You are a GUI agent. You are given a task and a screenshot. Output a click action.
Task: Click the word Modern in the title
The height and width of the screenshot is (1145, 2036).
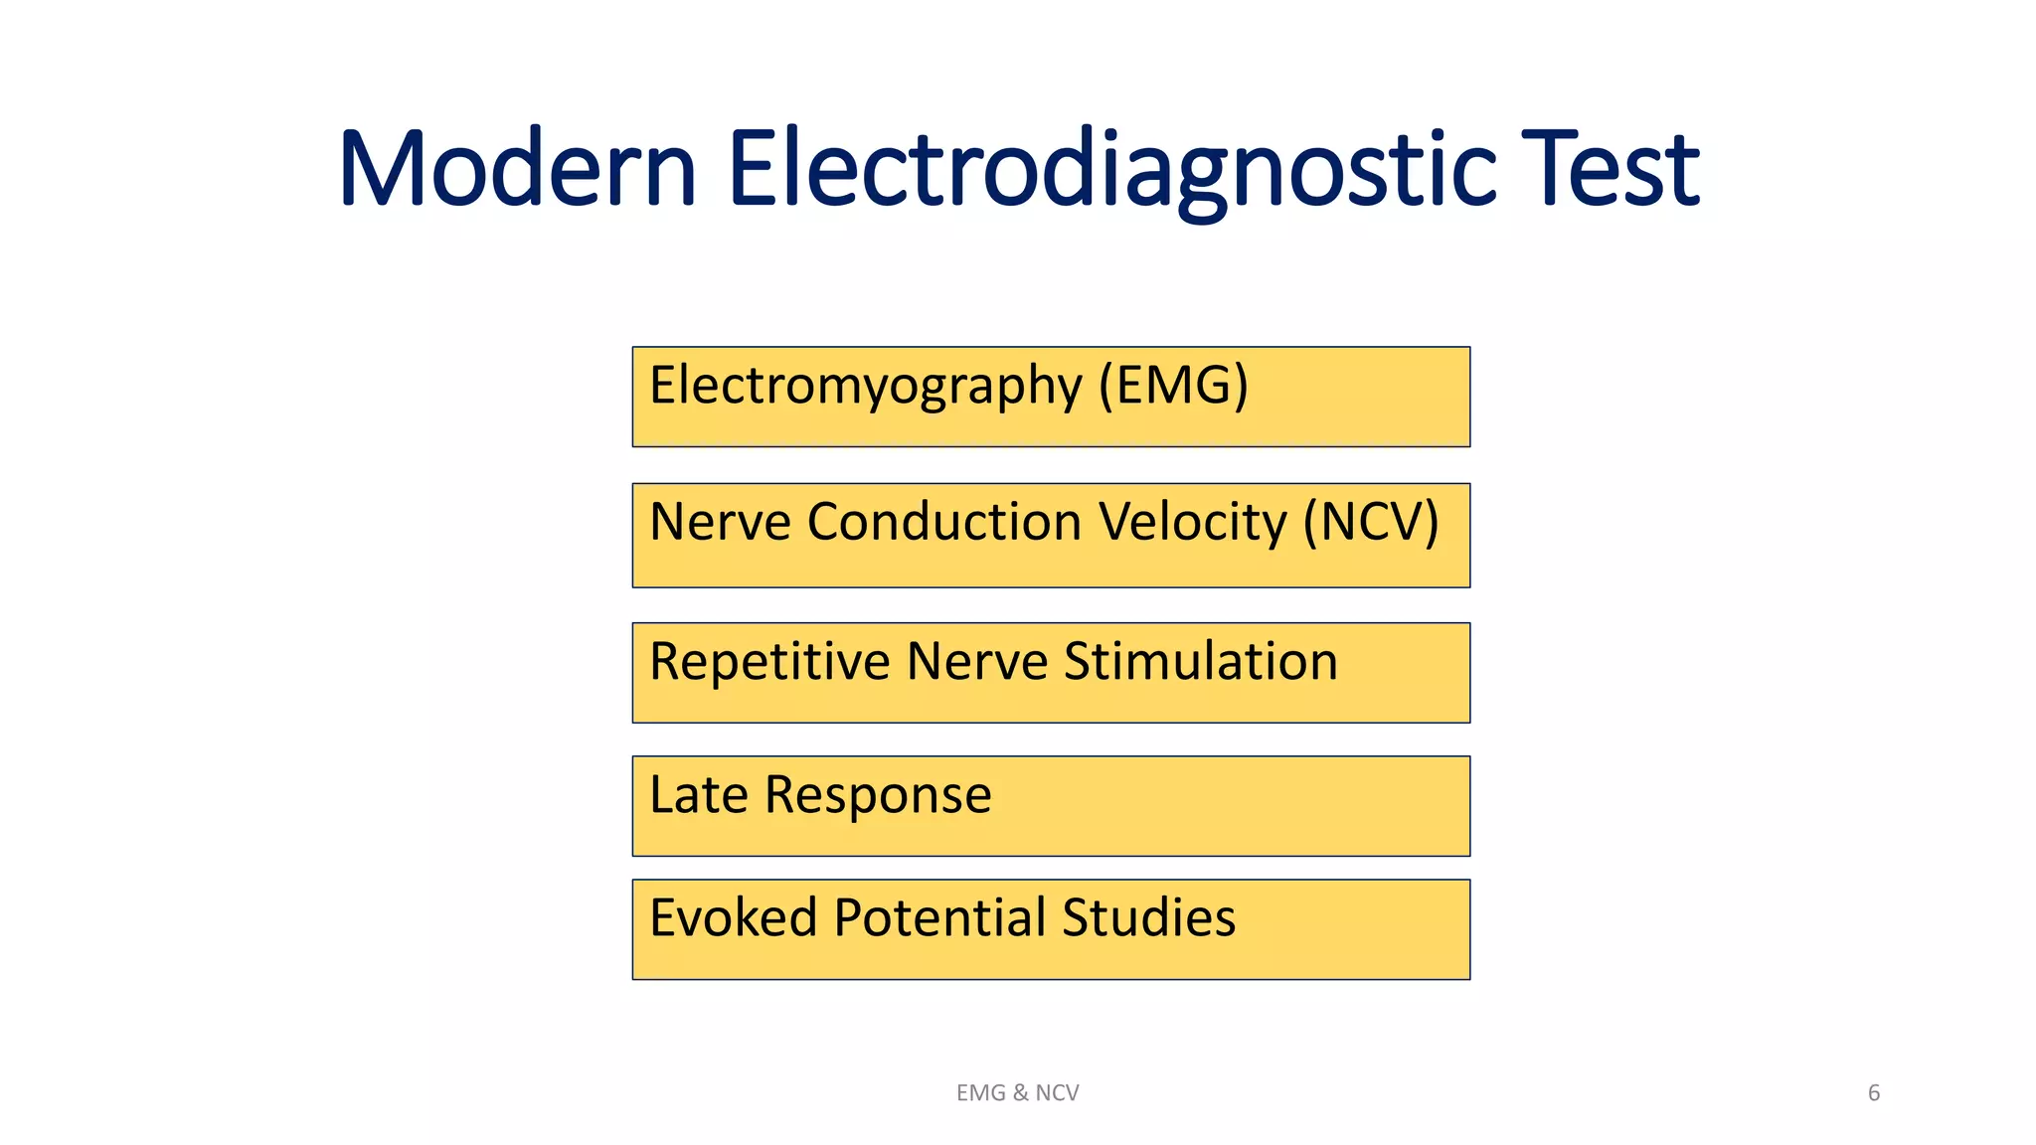[517, 169]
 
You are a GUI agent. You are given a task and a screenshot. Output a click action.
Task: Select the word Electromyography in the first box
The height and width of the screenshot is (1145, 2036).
[865, 387]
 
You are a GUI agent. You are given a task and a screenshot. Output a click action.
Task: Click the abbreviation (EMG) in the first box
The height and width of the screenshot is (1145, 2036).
[1173, 386]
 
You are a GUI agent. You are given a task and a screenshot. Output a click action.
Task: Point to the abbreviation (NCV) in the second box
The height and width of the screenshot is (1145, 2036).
[1371, 523]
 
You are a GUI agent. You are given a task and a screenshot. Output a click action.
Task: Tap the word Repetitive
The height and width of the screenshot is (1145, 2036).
[768, 663]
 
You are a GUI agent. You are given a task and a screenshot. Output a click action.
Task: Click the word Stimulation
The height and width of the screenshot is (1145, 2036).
[1200, 662]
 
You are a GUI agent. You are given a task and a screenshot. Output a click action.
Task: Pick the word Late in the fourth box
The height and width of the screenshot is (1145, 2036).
[698, 795]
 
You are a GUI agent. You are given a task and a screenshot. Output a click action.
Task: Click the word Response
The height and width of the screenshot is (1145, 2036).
[878, 796]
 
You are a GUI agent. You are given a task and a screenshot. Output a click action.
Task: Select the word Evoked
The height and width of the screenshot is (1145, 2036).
[733, 917]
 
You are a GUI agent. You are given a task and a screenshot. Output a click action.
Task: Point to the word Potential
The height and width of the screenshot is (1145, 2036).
[939, 917]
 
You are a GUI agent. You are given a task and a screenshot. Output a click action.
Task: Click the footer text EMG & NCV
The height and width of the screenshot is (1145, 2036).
[1017, 1093]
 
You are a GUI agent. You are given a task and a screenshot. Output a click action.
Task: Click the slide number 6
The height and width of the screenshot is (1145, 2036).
[1874, 1093]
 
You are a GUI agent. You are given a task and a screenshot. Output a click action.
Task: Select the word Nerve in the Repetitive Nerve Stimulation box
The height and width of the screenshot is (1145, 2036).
[976, 663]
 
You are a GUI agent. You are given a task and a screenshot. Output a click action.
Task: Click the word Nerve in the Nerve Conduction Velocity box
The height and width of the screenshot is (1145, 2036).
[719, 523]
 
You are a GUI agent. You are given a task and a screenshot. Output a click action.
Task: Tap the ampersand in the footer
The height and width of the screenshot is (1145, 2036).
[1020, 1093]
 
